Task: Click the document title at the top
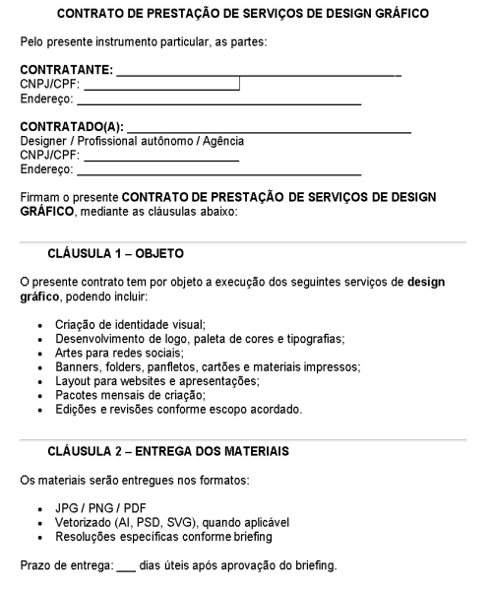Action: coord(245,15)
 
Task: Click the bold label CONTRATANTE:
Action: coord(66,70)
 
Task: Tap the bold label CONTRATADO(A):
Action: coord(72,127)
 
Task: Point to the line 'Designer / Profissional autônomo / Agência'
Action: coord(133,141)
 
